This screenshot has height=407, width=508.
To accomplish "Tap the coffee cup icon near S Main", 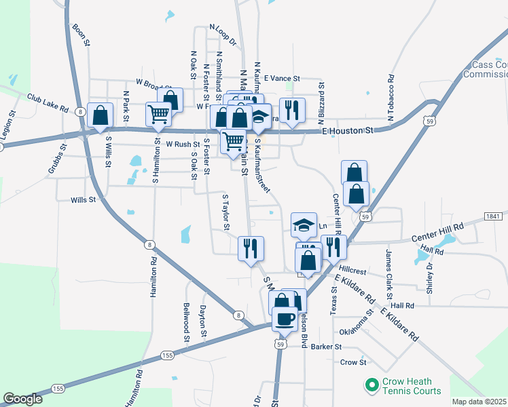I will [x=285, y=317].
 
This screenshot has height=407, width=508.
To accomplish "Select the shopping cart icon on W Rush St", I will [x=233, y=140].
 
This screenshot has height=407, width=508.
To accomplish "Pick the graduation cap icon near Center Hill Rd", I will [x=304, y=224].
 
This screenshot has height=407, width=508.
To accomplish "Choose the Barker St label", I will [x=326, y=347].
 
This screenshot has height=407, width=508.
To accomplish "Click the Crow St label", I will [x=353, y=363].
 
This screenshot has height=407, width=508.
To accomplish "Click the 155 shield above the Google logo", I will [x=58, y=389].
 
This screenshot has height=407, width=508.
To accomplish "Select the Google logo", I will [x=22, y=399].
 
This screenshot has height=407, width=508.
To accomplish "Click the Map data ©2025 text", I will [x=479, y=402].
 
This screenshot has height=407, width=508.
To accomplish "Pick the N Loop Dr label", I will [x=222, y=35].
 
